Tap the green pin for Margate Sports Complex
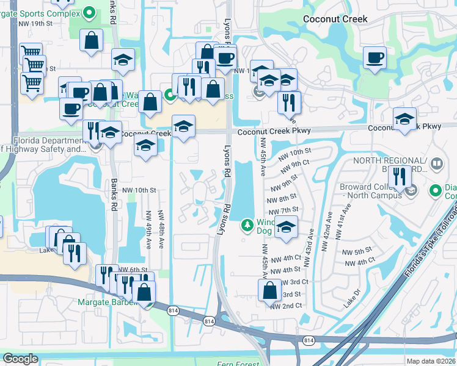click(x=89, y=12)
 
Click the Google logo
click(x=20, y=359)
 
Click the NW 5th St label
click(x=357, y=251)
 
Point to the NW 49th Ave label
click(x=148, y=231)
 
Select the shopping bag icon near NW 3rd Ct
click(x=269, y=291)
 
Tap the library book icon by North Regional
click(x=437, y=163)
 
